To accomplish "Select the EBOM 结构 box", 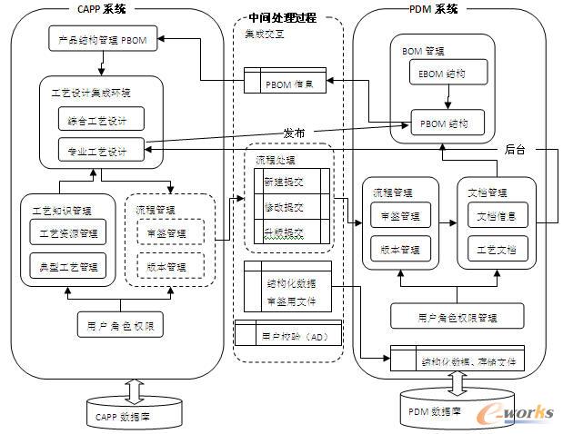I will pyautogui.click(x=442, y=73).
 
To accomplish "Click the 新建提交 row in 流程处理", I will pyautogui.click(x=285, y=182).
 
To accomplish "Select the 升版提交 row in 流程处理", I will pyautogui.click(x=285, y=233).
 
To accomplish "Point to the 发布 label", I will pyautogui.click(x=294, y=133).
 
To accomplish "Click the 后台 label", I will pyautogui.click(x=516, y=150).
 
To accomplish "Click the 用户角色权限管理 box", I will pyautogui.click(x=457, y=317).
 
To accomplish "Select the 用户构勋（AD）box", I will pyautogui.click(x=288, y=335).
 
